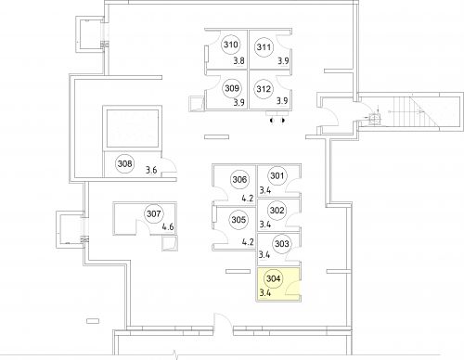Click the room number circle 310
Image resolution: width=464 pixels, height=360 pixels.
(231, 45)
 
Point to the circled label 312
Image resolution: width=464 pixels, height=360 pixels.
(264, 90)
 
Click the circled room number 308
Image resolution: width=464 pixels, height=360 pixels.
(124, 165)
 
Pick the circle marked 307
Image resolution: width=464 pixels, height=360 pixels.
(154, 215)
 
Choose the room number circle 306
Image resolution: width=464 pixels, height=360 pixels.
(239, 180)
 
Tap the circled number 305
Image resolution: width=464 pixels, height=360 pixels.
(238, 221)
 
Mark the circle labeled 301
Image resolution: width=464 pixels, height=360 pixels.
(276, 176)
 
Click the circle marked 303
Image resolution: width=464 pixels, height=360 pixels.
(282, 245)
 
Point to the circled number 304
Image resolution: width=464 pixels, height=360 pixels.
(273, 278)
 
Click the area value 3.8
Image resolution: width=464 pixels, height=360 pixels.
(238, 60)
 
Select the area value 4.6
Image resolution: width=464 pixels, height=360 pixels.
(169, 227)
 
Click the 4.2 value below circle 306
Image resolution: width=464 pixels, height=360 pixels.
(247, 197)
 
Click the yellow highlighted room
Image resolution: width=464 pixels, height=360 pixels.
(277, 286)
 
